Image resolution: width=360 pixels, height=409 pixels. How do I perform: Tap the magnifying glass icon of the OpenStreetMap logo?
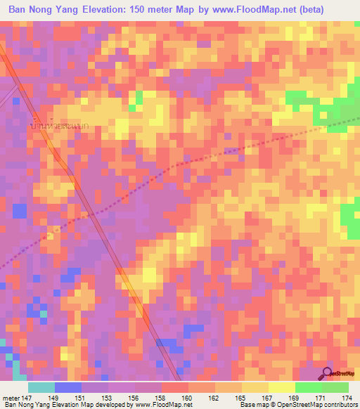click(327, 373)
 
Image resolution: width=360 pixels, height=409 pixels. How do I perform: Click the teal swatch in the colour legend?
click(41, 387)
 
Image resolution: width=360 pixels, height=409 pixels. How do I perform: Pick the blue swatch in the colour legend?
click(68, 387)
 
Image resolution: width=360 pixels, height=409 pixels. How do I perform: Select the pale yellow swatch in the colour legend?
click(282, 387)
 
